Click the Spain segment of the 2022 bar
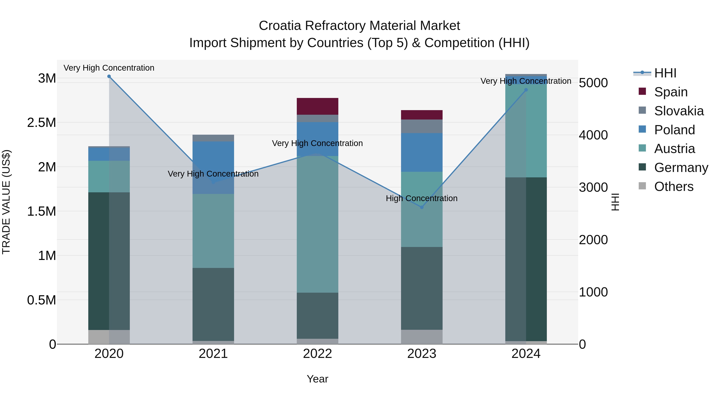(x=317, y=106)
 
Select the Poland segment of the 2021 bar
(x=213, y=167)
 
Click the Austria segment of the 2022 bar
(x=317, y=224)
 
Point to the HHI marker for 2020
(x=109, y=76)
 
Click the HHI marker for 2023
(x=422, y=207)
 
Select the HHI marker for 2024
(x=526, y=90)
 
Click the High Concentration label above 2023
(x=421, y=198)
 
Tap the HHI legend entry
(x=665, y=73)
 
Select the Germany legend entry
(x=681, y=168)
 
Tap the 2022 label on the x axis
(x=317, y=354)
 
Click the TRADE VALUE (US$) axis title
(x=6, y=202)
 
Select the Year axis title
(x=317, y=379)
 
